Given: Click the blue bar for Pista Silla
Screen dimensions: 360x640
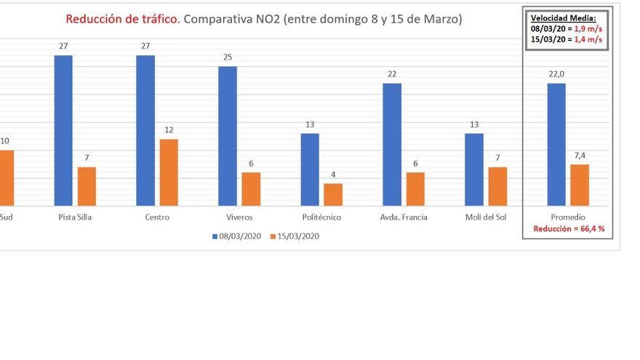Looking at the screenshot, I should point(63,130).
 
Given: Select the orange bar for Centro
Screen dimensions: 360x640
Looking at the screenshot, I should point(169,172).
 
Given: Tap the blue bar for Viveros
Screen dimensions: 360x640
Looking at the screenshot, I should point(228,136).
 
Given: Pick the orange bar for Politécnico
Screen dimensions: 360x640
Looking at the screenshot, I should point(333,194).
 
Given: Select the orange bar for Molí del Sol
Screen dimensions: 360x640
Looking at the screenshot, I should point(497,186).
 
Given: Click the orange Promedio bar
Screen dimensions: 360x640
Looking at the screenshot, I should point(580,185).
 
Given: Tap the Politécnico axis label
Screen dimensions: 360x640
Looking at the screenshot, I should point(321,217).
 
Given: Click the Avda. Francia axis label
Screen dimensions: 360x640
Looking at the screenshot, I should point(404,217).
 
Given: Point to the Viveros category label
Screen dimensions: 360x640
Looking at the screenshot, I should point(239,217).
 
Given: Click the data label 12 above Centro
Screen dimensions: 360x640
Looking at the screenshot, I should point(169,130).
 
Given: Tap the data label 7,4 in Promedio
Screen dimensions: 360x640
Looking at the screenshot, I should point(580,156).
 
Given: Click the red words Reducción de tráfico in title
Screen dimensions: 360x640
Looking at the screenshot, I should point(122,19).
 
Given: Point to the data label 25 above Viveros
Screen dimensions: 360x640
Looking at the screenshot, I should point(228,57).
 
